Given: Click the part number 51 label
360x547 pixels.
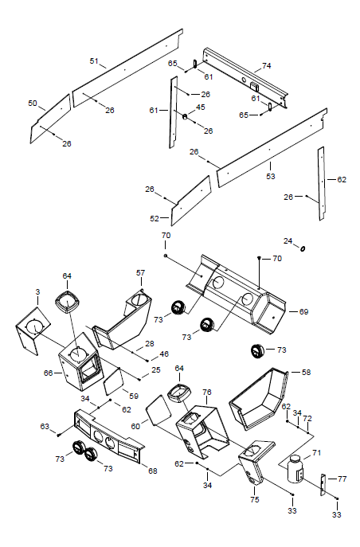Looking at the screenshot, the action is [x=94, y=61].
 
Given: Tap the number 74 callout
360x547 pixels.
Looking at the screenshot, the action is [x=267, y=65].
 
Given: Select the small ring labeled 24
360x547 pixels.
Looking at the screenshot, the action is [x=303, y=248].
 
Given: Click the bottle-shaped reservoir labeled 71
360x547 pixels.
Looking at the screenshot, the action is [x=295, y=469].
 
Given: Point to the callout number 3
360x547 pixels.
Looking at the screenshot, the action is [x=37, y=291].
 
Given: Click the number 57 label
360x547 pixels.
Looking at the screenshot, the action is [x=141, y=272].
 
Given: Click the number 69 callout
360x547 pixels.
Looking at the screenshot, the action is [x=303, y=311].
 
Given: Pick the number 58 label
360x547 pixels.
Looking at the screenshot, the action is [x=306, y=372].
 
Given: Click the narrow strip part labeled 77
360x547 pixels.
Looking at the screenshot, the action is [x=323, y=485].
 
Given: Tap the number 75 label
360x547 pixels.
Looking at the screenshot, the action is [x=255, y=499].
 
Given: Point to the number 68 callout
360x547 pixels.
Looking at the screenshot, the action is [x=153, y=471].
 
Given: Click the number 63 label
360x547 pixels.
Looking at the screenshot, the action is [x=45, y=426].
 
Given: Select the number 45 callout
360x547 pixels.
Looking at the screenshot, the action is [x=201, y=107].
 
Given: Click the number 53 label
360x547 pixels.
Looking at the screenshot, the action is [x=271, y=176].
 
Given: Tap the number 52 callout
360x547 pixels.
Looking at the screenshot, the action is [x=155, y=218].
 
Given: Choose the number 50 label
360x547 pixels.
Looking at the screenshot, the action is [x=33, y=104].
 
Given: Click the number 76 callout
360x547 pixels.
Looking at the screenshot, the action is [x=207, y=392].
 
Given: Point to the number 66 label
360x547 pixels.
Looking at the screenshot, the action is [x=48, y=373].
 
